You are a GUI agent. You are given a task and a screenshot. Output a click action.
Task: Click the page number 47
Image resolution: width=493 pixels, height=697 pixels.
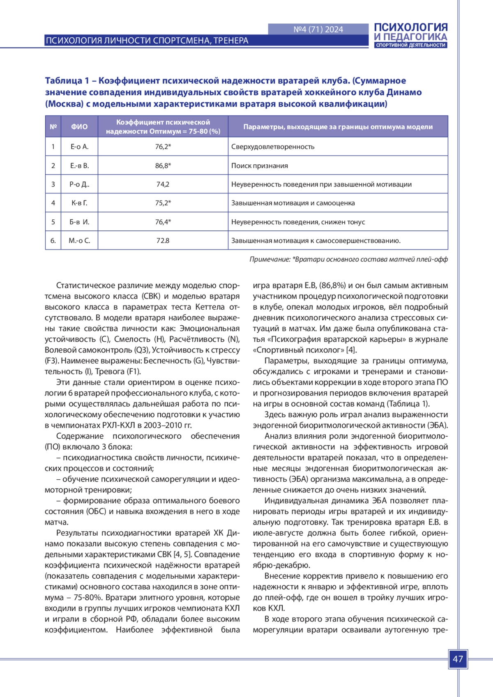pos(458,659)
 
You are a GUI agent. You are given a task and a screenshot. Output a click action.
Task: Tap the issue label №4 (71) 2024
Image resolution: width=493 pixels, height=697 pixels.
pos(318,29)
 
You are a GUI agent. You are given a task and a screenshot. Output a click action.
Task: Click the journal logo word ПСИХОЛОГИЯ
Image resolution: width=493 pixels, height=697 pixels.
pos(410,28)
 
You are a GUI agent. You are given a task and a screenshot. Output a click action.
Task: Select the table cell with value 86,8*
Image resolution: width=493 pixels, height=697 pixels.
pos(163,166)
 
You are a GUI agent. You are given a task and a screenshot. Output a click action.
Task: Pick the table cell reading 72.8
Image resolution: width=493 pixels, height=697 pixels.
pos(163,241)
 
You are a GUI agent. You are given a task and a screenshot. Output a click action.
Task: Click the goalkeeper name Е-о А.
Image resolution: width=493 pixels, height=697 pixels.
pos(79,147)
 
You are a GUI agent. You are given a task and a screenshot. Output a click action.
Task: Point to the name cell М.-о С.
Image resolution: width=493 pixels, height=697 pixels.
pos(79,241)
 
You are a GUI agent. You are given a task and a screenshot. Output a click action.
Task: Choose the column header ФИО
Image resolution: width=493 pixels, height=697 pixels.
pos(79,127)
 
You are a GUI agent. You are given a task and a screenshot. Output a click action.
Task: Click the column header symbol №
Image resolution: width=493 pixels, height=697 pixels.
pos(53,127)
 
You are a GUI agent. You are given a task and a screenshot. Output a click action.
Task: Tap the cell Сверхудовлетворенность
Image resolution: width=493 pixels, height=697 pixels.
pos(273,147)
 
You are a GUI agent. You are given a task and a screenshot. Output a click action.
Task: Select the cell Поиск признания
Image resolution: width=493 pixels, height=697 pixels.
pos(260,166)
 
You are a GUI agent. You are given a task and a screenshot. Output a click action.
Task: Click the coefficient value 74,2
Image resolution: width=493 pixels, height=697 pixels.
pos(163,184)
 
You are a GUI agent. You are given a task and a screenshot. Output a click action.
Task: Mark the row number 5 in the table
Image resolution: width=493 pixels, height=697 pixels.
pos(53,222)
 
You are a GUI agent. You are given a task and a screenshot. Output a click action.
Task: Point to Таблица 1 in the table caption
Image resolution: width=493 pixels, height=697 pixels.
pos(67,81)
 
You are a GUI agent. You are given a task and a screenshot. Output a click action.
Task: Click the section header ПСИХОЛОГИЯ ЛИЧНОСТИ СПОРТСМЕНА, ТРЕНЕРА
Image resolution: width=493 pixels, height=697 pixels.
pos(147,40)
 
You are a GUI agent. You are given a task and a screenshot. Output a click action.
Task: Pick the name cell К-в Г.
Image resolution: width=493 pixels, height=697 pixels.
pos(79,203)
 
